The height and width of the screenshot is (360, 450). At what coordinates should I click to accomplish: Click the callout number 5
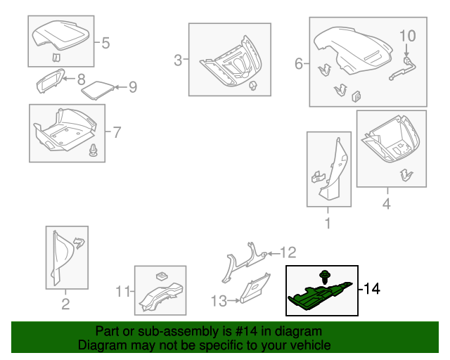105,44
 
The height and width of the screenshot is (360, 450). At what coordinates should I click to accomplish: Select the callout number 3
178,60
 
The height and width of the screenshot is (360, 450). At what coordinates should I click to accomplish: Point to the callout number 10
408,35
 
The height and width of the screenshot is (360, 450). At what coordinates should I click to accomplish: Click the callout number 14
372,289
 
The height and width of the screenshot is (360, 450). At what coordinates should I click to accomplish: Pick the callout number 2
65,304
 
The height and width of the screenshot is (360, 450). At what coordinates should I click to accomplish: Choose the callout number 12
289,252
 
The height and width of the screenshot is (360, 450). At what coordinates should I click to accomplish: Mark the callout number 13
218,301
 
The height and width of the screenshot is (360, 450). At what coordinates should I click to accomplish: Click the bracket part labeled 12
243,262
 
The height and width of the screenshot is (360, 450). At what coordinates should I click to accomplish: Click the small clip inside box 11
161,274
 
